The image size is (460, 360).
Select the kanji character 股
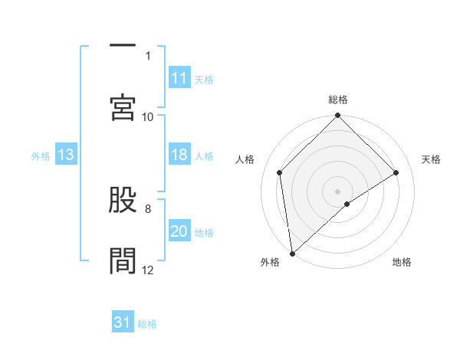[x=123, y=201]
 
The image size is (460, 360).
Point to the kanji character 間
[x=123, y=260]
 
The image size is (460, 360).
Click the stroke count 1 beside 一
[x=148, y=56]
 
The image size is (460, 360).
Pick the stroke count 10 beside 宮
[x=148, y=116]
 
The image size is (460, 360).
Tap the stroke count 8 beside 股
[x=148, y=208]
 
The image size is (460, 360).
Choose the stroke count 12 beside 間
[x=148, y=270]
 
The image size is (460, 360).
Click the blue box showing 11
[x=179, y=78]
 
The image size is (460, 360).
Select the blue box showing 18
[x=179, y=155]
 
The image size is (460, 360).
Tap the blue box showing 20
[x=179, y=231]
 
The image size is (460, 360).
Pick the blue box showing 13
[x=66, y=155]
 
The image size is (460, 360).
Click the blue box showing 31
[x=123, y=323]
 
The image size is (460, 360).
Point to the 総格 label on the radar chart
[x=338, y=100]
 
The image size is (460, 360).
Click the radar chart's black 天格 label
[x=432, y=159]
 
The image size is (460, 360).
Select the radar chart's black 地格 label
[x=402, y=262]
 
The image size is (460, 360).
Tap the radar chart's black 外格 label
[x=270, y=262]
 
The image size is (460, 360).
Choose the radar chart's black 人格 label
[x=246, y=159]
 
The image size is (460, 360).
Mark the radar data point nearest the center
[x=347, y=204]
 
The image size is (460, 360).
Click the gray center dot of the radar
[x=338, y=191]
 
